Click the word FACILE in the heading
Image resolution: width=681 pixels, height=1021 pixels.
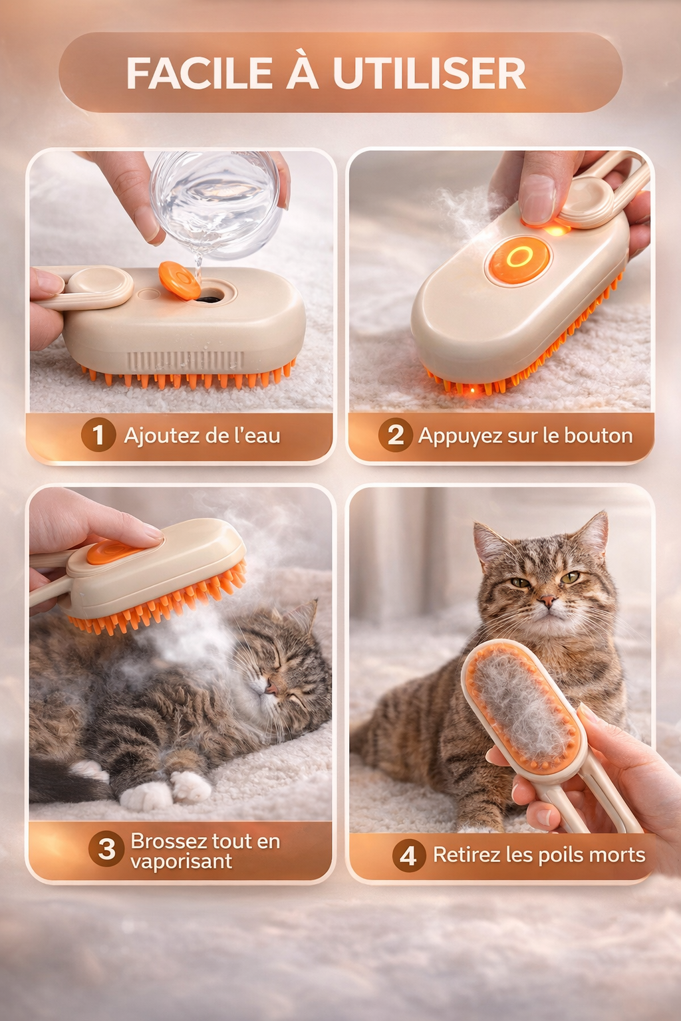tap(199, 73)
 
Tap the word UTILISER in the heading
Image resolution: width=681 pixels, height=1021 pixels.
tap(429, 73)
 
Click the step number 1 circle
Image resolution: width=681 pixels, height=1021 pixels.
tap(98, 435)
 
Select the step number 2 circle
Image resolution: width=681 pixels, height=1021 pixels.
tap(395, 435)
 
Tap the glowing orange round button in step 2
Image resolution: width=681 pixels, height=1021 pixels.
tap(519, 259)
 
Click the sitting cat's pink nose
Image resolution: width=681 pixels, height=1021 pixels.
tap(547, 599)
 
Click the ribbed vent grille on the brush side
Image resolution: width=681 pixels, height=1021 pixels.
tap(185, 360)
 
